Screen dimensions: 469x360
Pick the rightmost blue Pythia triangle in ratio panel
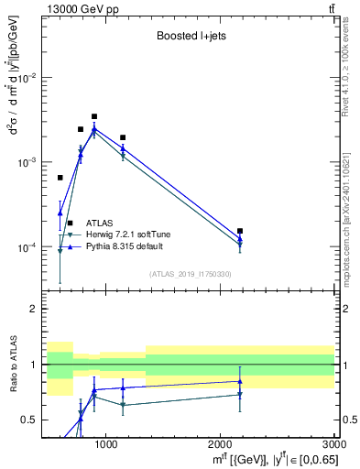click(x=240, y=381)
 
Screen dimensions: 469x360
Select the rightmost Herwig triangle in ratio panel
click(x=240, y=395)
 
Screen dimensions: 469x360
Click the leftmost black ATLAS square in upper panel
click(x=60, y=178)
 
